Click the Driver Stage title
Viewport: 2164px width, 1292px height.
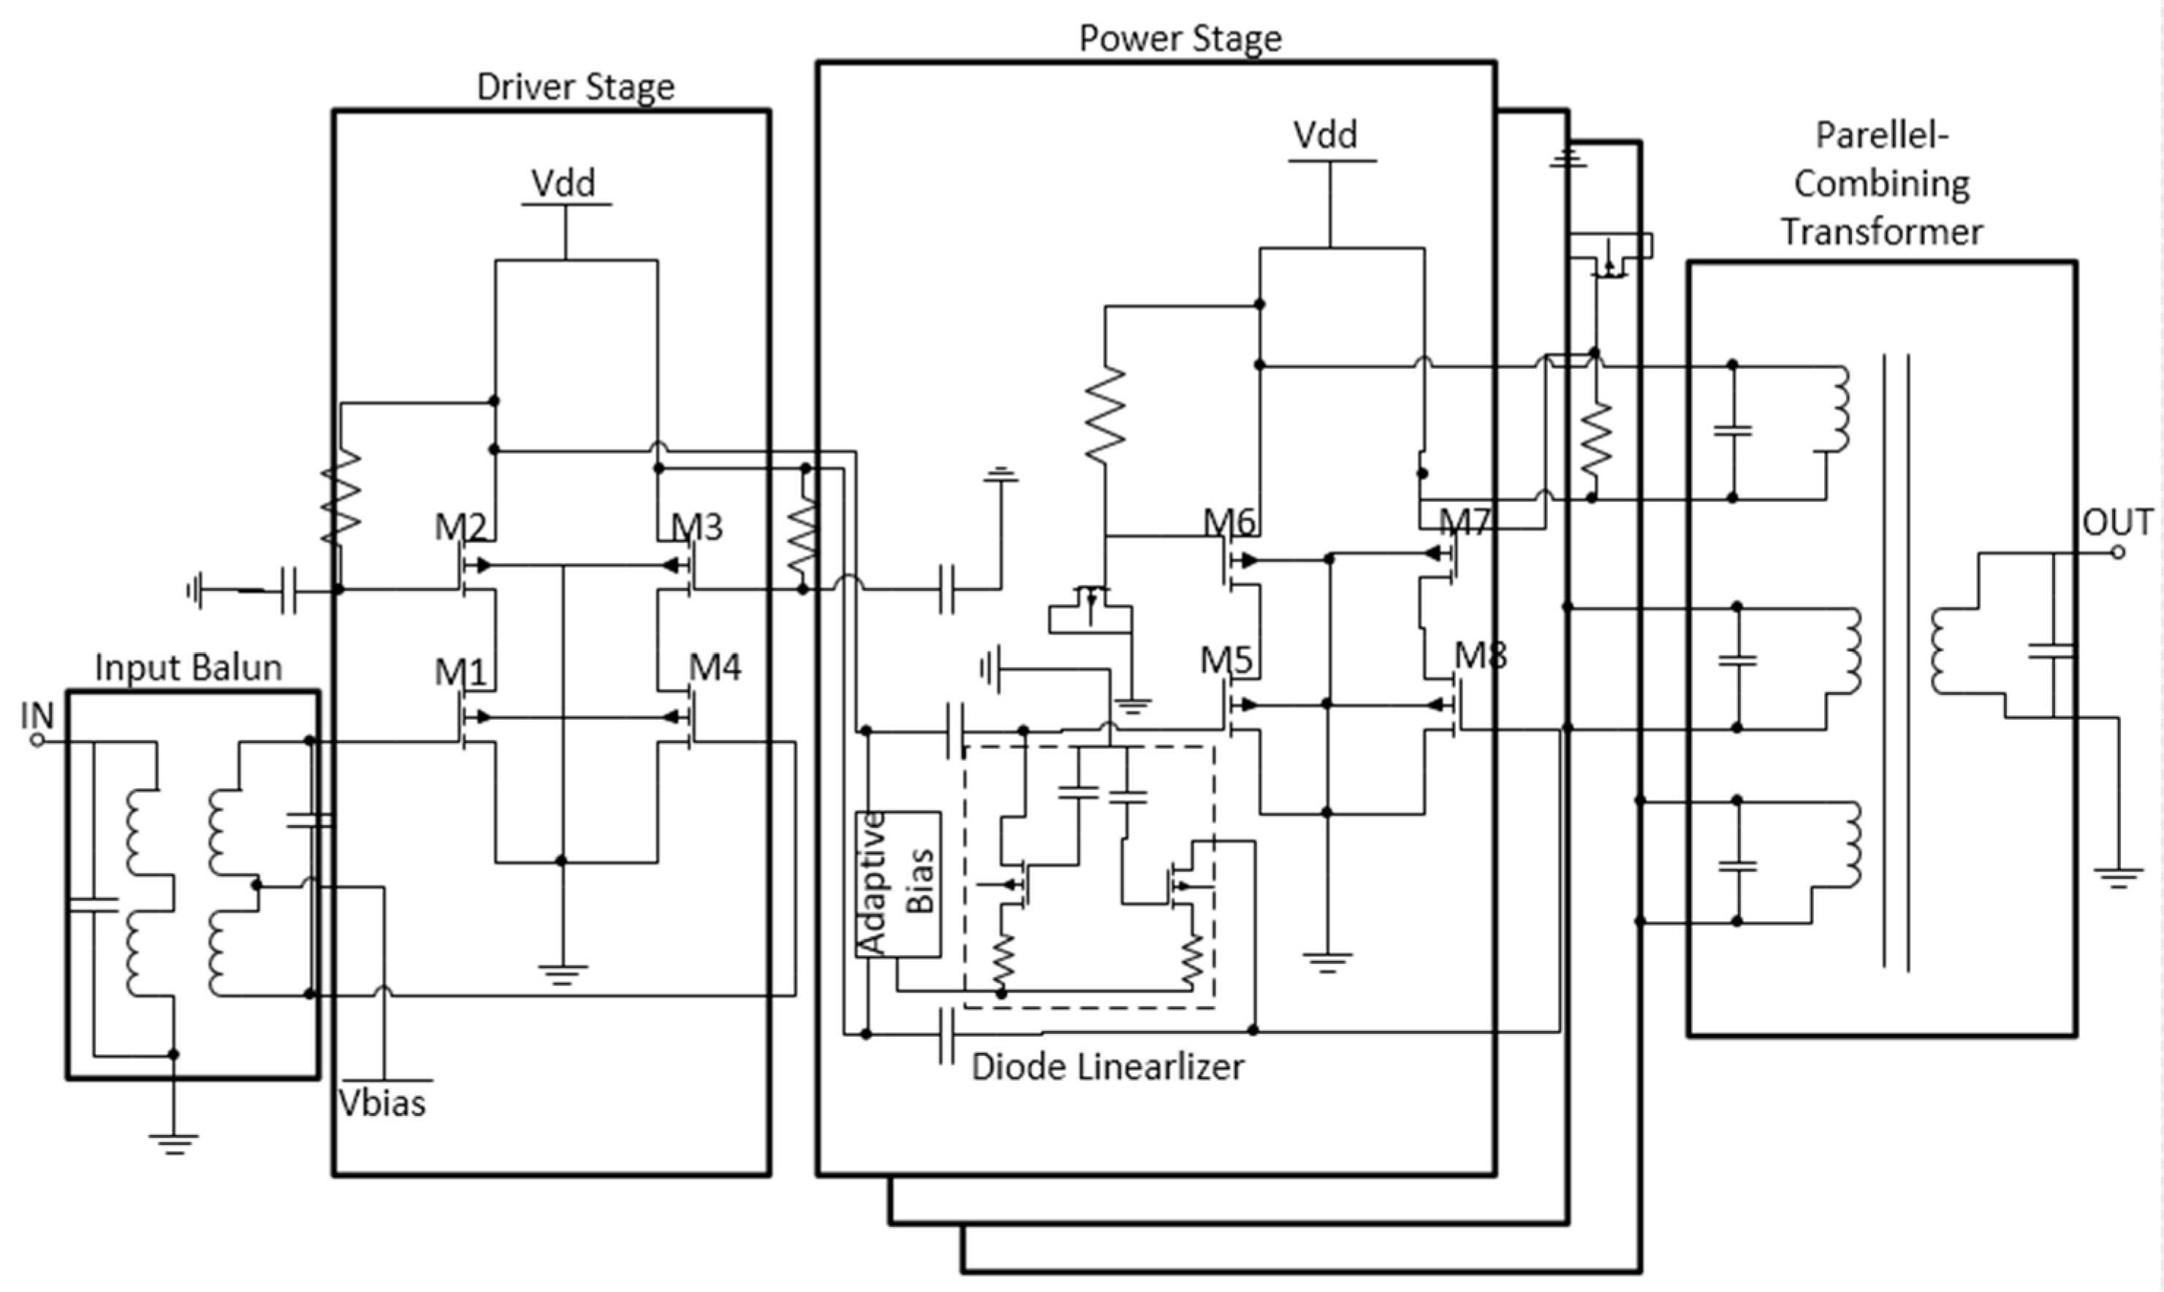point(575,87)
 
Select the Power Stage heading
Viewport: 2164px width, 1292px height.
point(1180,38)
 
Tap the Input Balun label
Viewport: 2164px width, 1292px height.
point(188,668)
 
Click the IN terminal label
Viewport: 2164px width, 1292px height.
point(37,715)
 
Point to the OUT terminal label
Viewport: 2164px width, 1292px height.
point(2117,522)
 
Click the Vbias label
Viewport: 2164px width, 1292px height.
point(382,1103)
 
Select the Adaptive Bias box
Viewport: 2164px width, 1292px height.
point(897,883)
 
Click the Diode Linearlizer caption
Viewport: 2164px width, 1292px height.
point(1107,1066)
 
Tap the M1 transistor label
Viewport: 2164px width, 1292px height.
point(460,672)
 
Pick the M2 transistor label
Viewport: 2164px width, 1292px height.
point(460,527)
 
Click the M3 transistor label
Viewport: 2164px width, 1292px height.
point(697,527)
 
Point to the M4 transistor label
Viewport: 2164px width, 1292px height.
point(715,668)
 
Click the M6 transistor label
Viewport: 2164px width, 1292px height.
point(1229,522)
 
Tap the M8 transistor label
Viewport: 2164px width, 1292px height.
point(1481,655)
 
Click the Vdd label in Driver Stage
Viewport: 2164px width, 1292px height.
point(563,183)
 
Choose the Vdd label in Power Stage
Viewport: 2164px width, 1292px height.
point(1325,135)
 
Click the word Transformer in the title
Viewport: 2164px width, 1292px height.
point(1881,232)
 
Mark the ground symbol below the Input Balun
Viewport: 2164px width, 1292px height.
point(173,1142)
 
